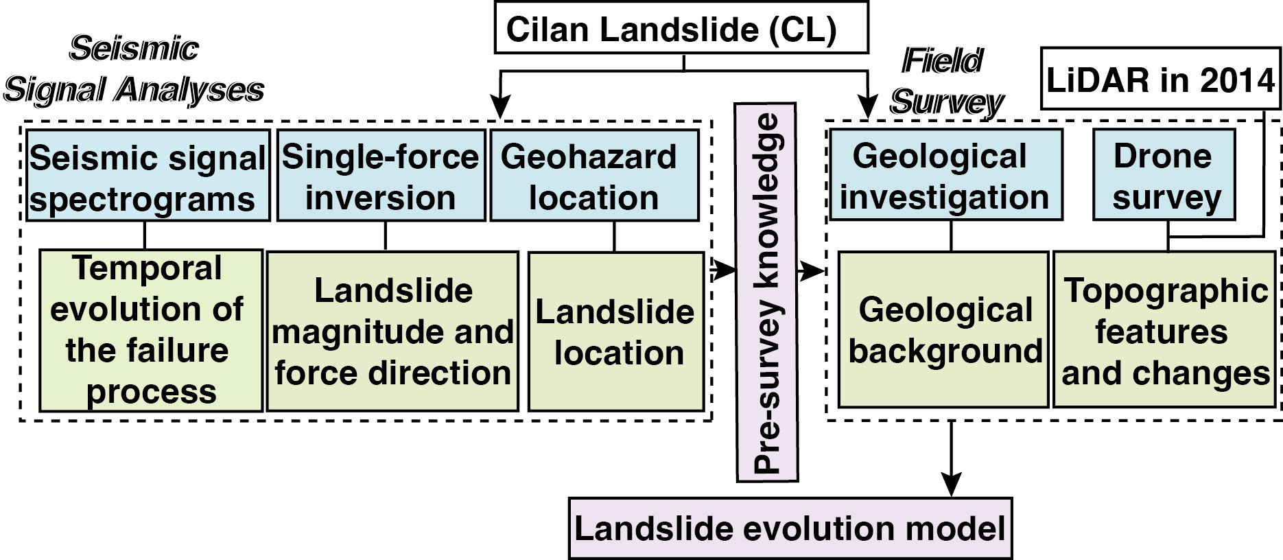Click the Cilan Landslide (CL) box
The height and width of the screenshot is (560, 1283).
pos(681,28)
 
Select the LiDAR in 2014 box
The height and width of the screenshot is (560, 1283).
pos(1160,79)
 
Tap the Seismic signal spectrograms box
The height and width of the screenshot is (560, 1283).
pos(148,176)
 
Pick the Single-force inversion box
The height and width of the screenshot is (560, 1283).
pos(381,176)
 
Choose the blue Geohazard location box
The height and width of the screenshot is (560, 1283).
pos(594,176)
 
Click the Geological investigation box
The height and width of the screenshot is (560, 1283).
pos(945,176)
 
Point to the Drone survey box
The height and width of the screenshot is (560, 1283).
pos(1164,176)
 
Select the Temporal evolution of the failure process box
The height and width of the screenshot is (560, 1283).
pos(150,330)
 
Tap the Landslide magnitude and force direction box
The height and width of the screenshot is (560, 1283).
pos(392,331)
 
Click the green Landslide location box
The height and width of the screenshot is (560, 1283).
pos(616,331)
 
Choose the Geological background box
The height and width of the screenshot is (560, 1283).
pos(943,330)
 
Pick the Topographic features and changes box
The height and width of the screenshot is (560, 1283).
pos(1164,330)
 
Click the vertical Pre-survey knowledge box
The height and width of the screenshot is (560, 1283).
pos(766,292)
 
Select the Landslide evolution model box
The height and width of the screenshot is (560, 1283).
pos(790,528)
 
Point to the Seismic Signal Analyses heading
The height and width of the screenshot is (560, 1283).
pos(134,69)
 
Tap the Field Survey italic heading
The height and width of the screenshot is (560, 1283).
pos(945,81)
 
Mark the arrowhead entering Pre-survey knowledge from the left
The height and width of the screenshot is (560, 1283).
pos(727,270)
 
